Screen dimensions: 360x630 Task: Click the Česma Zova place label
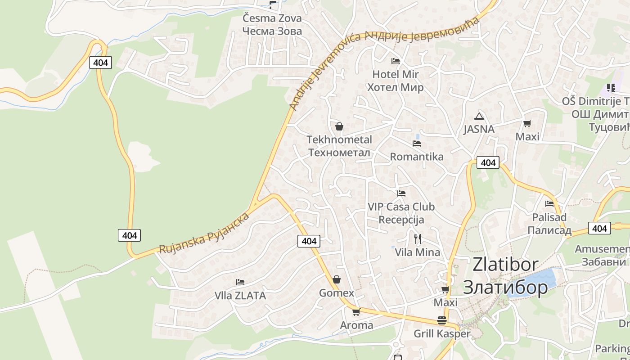(x=272, y=25)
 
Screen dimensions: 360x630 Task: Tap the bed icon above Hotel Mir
(x=396, y=61)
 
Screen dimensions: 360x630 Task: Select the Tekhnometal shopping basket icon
(x=339, y=126)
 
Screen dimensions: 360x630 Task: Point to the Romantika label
(x=417, y=157)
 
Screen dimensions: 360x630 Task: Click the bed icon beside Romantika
(x=417, y=144)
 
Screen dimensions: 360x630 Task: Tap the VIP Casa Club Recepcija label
(x=401, y=213)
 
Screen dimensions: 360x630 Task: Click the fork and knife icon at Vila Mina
(x=418, y=238)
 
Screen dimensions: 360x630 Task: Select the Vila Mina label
(x=418, y=252)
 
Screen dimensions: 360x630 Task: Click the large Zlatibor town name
(x=505, y=276)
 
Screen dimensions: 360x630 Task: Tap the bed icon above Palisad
(x=549, y=204)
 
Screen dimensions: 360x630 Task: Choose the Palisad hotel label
(x=549, y=224)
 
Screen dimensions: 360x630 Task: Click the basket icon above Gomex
(x=337, y=279)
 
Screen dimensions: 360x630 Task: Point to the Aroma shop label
(x=356, y=325)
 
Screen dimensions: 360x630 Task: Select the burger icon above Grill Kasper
(x=442, y=320)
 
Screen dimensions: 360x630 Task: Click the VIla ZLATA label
(x=240, y=296)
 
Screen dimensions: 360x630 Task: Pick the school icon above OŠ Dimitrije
(x=611, y=87)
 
